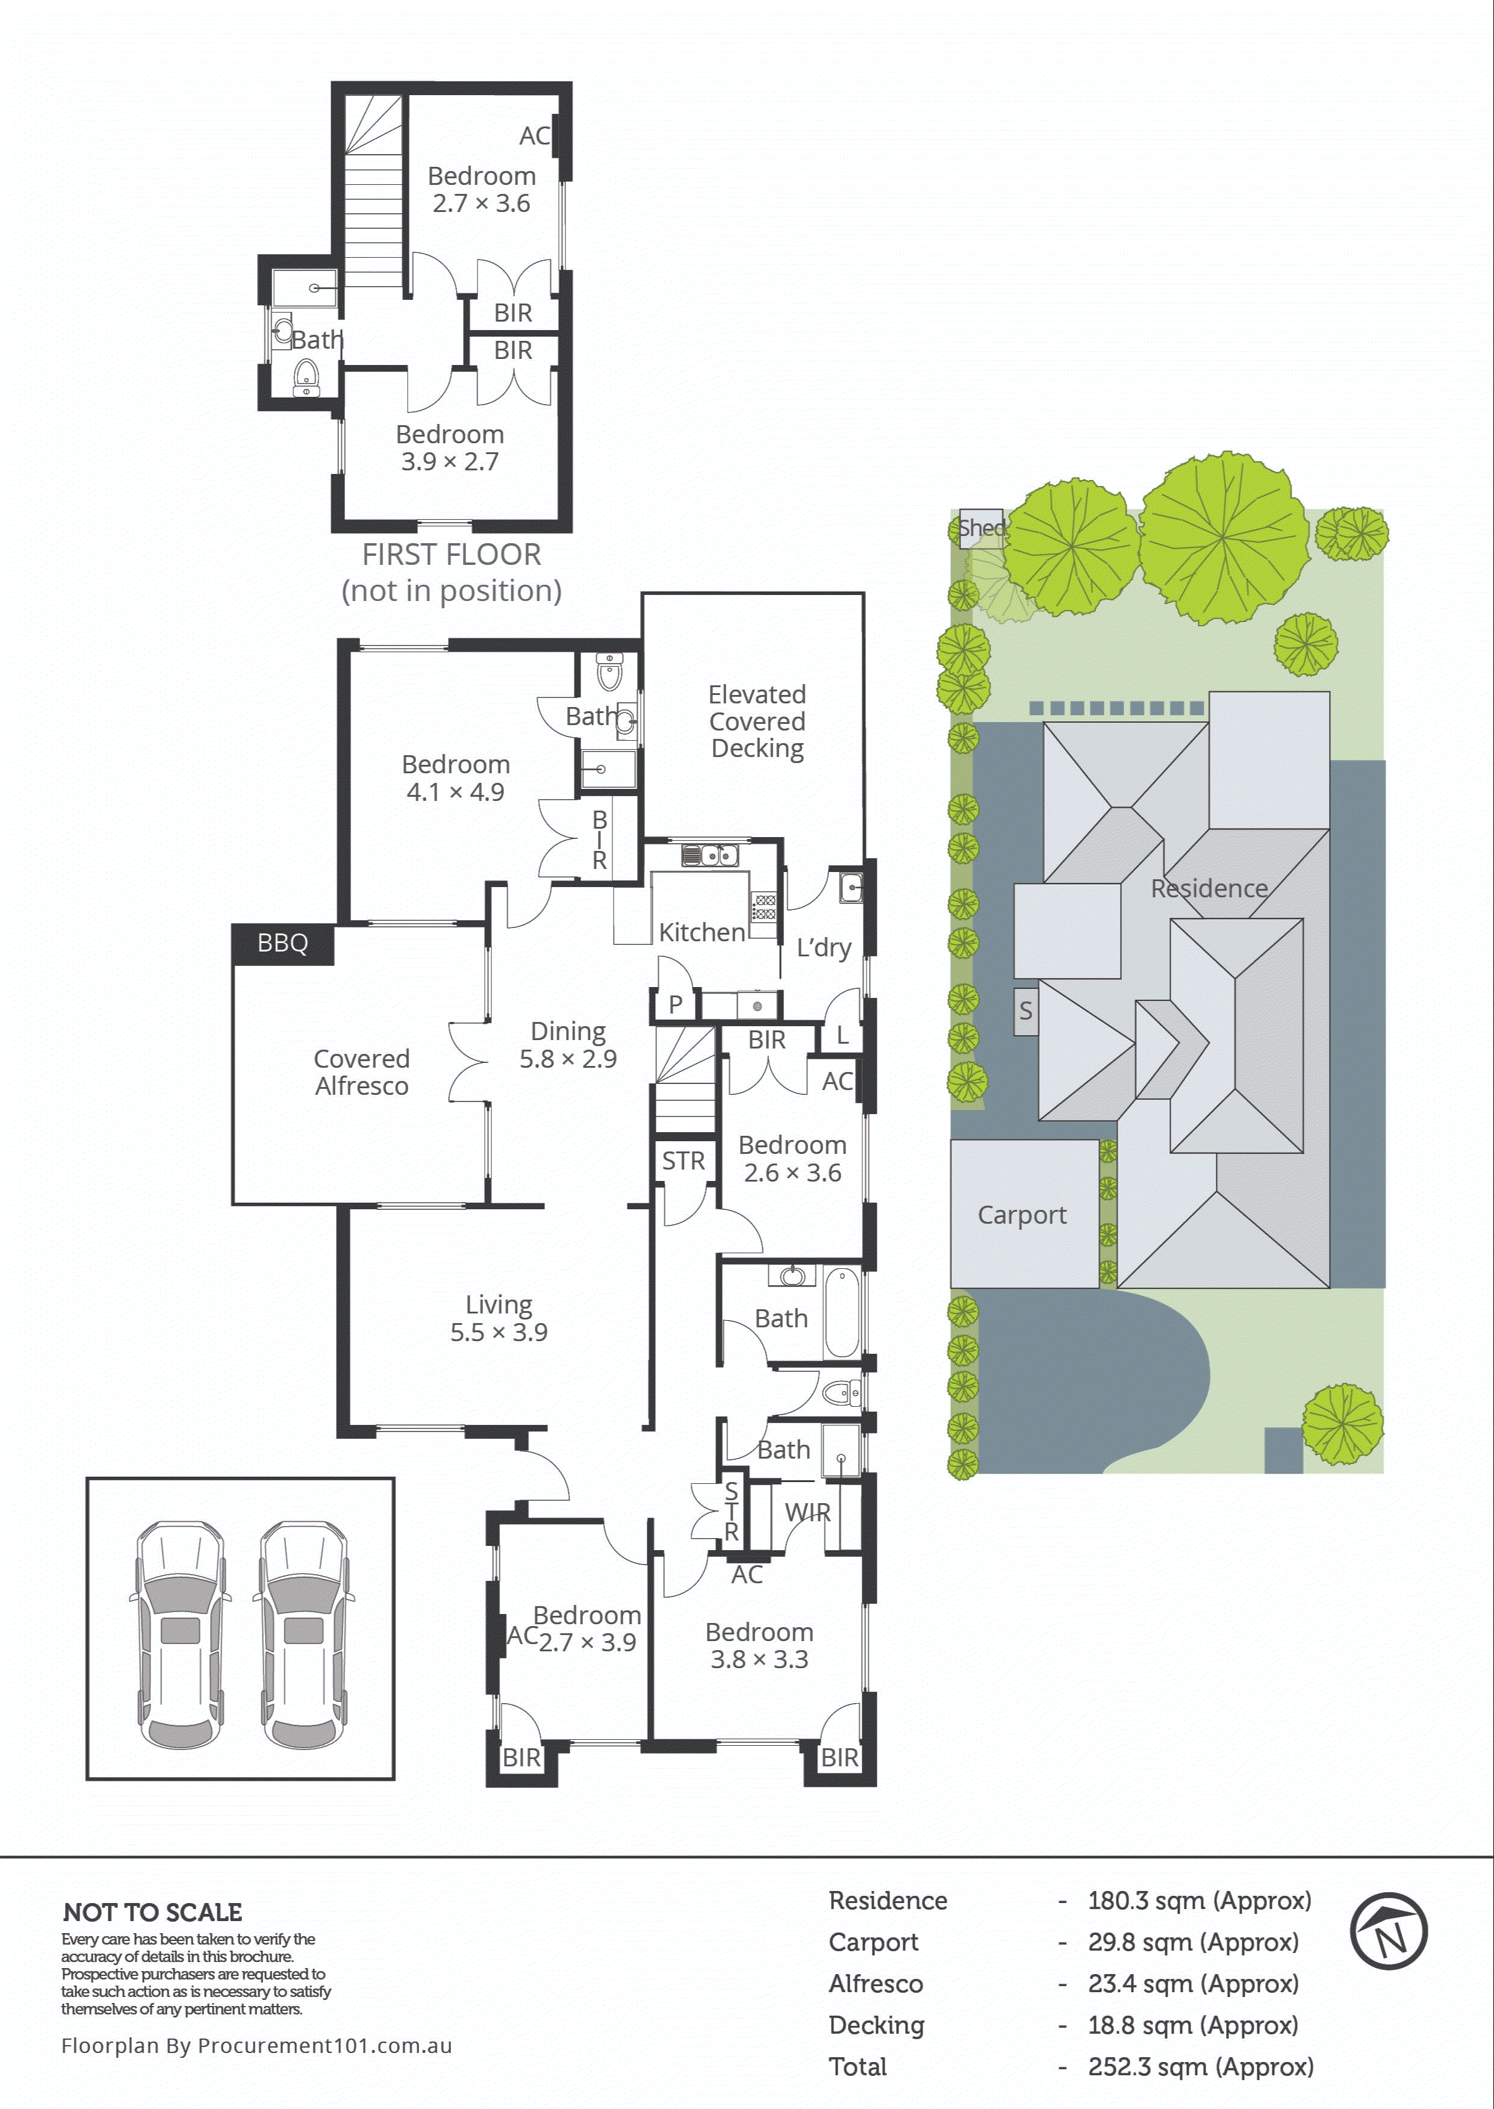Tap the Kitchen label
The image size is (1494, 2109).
[x=702, y=933]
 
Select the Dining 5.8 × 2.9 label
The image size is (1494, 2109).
[x=568, y=1045]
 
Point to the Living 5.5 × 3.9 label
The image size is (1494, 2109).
[x=499, y=1318]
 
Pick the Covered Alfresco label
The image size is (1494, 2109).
[x=361, y=1073]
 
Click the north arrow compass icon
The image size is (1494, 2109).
[x=1387, y=1931]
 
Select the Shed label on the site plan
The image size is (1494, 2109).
[x=981, y=528]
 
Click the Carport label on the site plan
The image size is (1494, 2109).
[x=1022, y=1215]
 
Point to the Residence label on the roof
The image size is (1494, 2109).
[x=1209, y=888]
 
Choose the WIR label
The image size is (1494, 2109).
[x=808, y=1512]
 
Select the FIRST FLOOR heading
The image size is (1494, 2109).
[x=451, y=555]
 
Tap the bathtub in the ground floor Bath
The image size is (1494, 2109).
[x=842, y=1312]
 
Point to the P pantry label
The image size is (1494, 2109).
[x=675, y=1005]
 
